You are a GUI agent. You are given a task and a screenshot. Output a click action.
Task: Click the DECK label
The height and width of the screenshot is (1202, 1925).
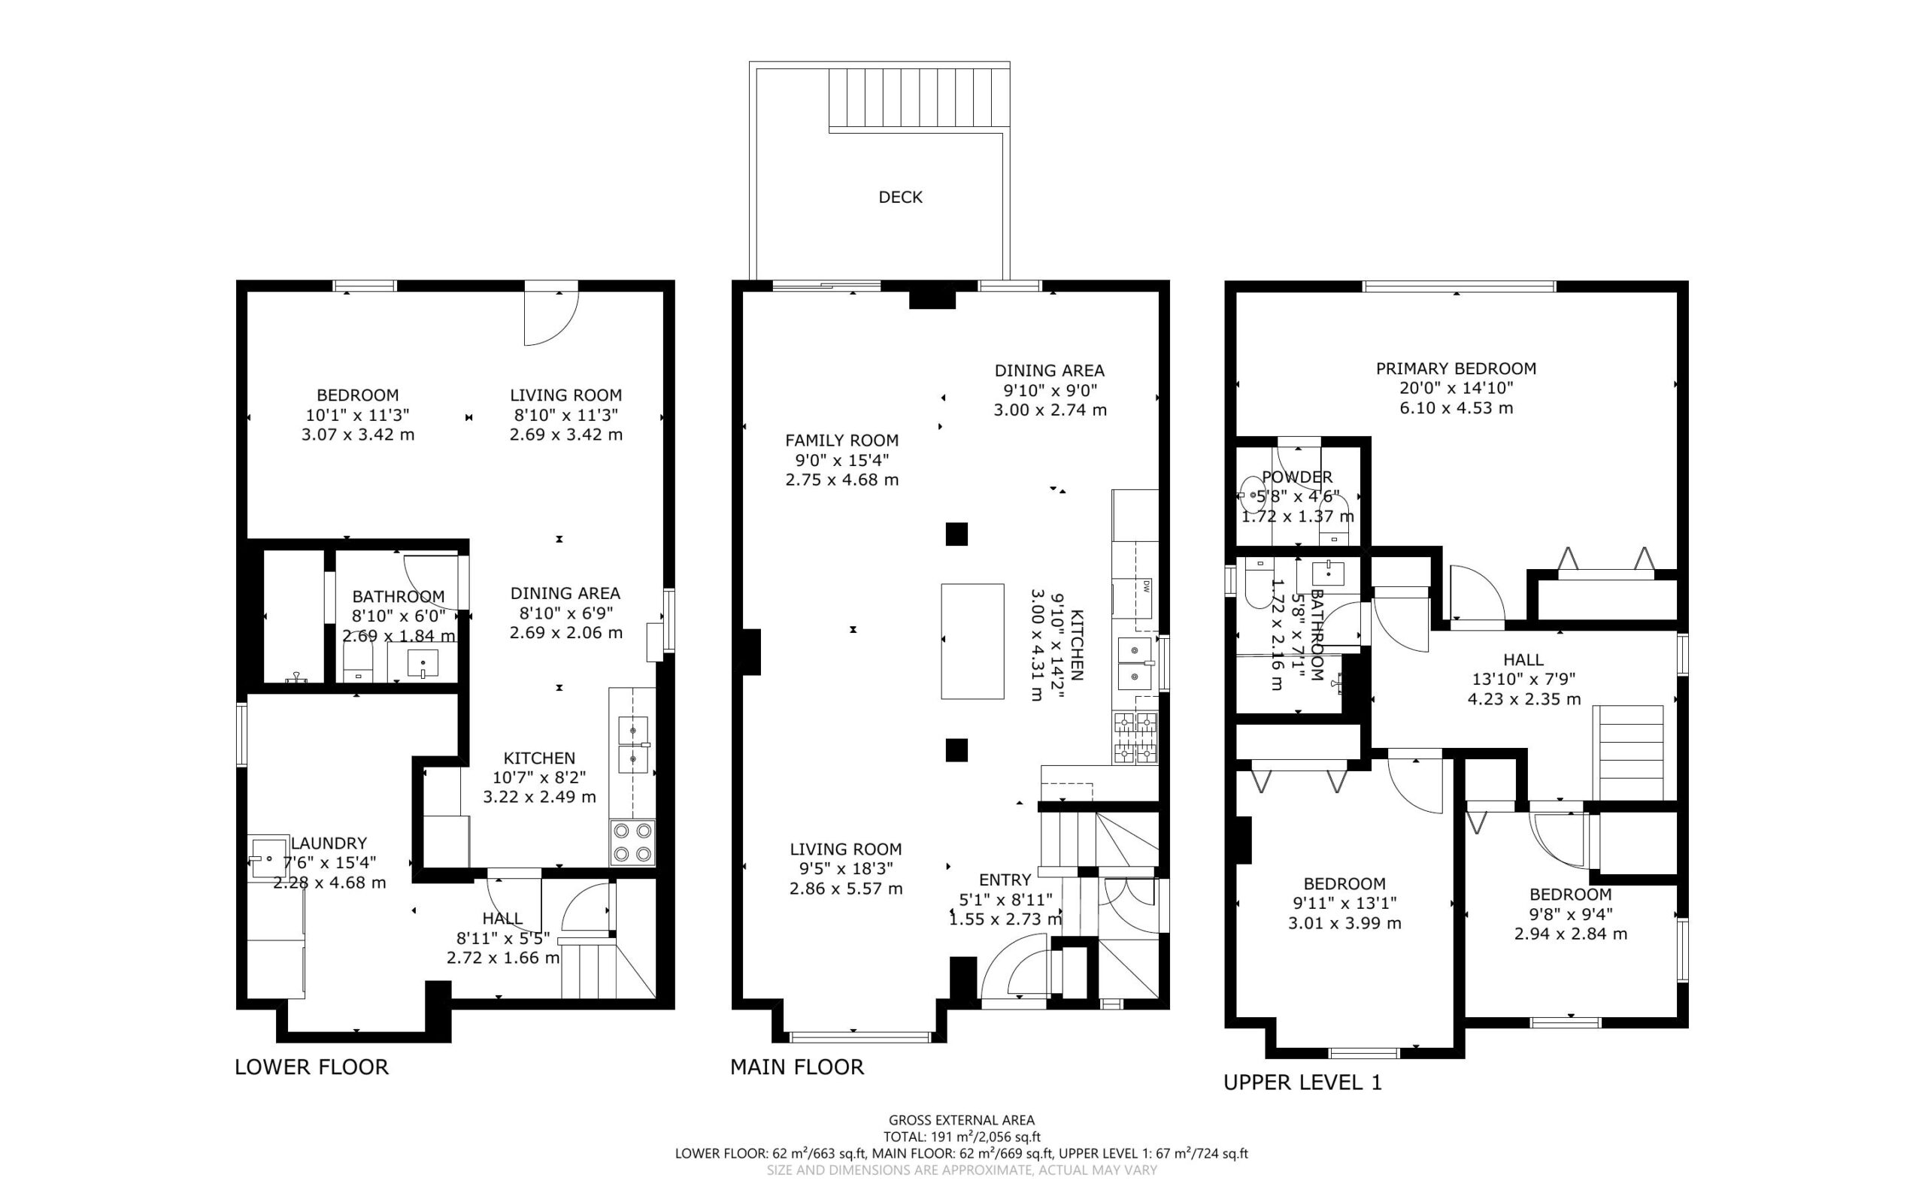[900, 197]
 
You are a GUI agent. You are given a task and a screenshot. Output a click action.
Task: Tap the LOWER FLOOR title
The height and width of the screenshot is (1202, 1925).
[312, 1067]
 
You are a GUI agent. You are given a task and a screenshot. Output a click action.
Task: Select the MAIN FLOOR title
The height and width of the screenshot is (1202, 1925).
[797, 1067]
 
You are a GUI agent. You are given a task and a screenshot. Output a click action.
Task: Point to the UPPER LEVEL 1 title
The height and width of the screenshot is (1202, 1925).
[1302, 1082]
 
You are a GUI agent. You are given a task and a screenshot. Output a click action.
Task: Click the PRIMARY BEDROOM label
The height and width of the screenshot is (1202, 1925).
[1456, 369]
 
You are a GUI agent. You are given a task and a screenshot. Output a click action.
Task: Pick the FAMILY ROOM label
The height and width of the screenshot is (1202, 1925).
[842, 441]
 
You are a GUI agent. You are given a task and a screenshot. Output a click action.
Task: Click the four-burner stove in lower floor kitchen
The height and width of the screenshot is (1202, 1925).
[633, 843]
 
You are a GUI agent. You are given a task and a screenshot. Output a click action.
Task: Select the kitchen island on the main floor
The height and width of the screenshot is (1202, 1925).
[972, 641]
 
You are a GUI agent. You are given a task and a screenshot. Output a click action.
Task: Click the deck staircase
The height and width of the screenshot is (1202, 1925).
[919, 98]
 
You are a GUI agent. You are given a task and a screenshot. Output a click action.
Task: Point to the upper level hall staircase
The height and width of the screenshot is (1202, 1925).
[1628, 752]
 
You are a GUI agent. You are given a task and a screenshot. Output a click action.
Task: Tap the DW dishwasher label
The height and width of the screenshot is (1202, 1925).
[1147, 586]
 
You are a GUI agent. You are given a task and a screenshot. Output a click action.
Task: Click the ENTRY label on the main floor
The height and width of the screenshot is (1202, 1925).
[1005, 880]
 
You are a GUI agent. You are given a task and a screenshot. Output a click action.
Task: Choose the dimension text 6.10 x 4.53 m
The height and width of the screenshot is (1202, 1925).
[1456, 409]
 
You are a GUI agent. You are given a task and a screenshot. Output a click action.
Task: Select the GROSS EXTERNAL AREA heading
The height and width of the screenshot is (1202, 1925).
[961, 1121]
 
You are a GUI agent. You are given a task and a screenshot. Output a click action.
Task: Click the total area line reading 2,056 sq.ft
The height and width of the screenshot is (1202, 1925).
[961, 1137]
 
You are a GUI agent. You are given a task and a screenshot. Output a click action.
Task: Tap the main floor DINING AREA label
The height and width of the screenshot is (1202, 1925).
[1050, 371]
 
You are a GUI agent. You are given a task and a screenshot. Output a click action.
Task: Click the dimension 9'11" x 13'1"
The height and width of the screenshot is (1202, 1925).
[1344, 904]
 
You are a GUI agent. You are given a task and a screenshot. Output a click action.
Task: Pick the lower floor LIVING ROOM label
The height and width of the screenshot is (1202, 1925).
[566, 395]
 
